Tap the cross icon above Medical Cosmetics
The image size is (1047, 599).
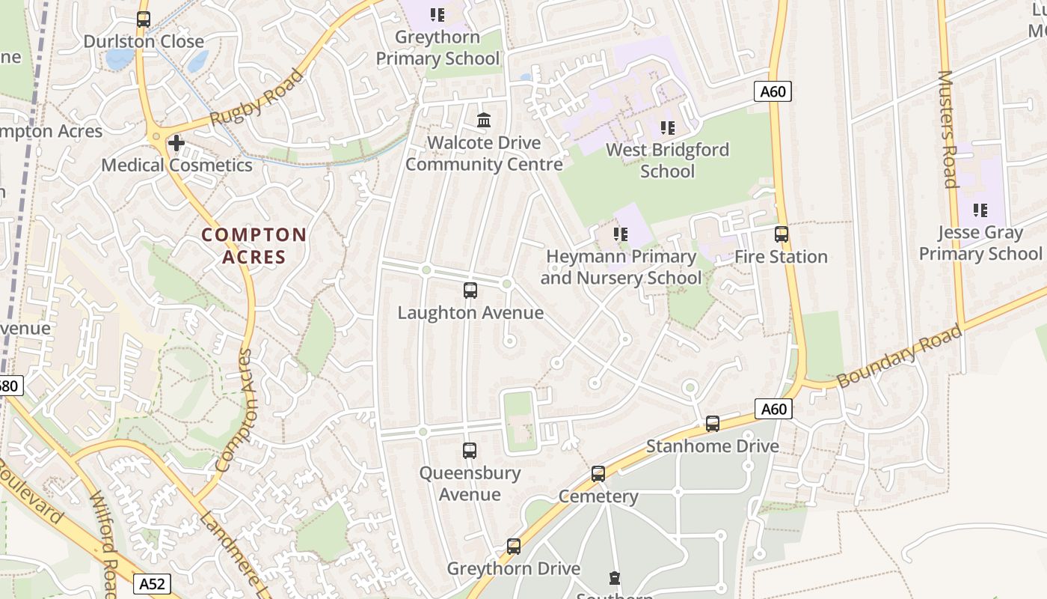tap(176, 142)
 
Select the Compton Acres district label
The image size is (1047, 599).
tap(254, 246)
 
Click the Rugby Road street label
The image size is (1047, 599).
tap(257, 98)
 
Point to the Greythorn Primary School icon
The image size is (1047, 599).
tap(437, 14)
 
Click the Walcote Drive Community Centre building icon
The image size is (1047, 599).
tap(484, 120)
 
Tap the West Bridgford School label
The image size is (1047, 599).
tap(667, 160)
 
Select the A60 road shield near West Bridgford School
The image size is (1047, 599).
tap(773, 92)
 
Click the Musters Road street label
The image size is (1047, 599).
tap(948, 129)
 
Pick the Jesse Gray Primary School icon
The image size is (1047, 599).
tap(980, 210)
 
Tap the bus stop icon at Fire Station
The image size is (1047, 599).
tap(782, 234)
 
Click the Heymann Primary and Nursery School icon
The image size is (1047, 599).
tap(620, 234)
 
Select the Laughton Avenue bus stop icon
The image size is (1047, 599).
tap(470, 291)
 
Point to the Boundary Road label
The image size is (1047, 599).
tap(899, 355)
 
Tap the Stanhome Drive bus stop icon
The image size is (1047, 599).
tap(713, 424)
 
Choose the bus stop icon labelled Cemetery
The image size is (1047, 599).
tap(598, 474)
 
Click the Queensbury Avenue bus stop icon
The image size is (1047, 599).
tap(470, 451)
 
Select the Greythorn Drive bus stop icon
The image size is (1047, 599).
tap(514, 547)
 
